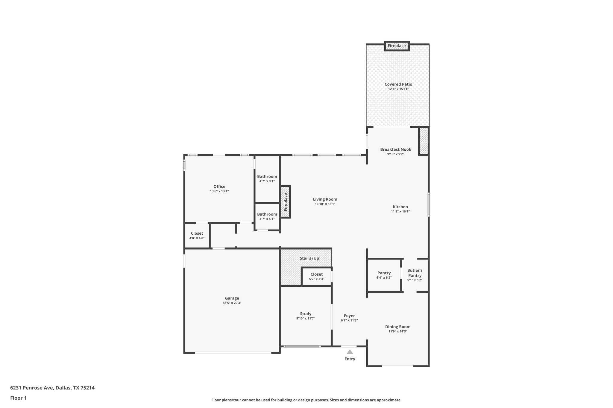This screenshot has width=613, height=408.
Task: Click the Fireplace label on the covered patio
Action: (x=397, y=46)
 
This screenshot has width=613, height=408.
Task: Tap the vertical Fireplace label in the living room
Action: (x=286, y=202)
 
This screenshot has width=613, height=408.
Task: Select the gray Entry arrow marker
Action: (x=350, y=352)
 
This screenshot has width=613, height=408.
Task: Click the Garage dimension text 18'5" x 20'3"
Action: (x=232, y=303)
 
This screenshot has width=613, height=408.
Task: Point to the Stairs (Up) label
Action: (x=310, y=258)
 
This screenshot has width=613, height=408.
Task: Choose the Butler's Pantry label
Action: (x=415, y=273)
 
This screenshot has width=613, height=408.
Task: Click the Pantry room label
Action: (x=384, y=273)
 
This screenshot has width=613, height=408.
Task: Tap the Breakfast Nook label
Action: (x=396, y=149)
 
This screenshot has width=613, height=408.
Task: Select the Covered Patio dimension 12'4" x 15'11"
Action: (x=398, y=89)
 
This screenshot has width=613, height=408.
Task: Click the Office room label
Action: (x=219, y=187)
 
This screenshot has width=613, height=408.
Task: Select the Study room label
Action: (x=306, y=314)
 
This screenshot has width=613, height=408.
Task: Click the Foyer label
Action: (x=349, y=316)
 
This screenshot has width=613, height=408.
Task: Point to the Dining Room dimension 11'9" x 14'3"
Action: (x=398, y=331)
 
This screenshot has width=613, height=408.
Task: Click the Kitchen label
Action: (x=400, y=207)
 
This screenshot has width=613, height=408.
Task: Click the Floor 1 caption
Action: (x=18, y=398)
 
